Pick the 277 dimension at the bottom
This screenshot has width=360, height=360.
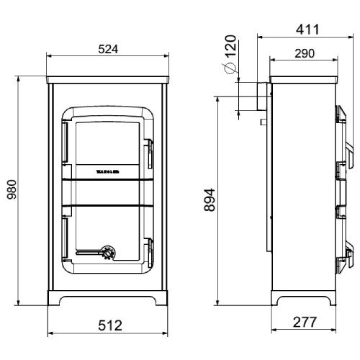(307, 322)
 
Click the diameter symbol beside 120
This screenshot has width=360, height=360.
(228, 68)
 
